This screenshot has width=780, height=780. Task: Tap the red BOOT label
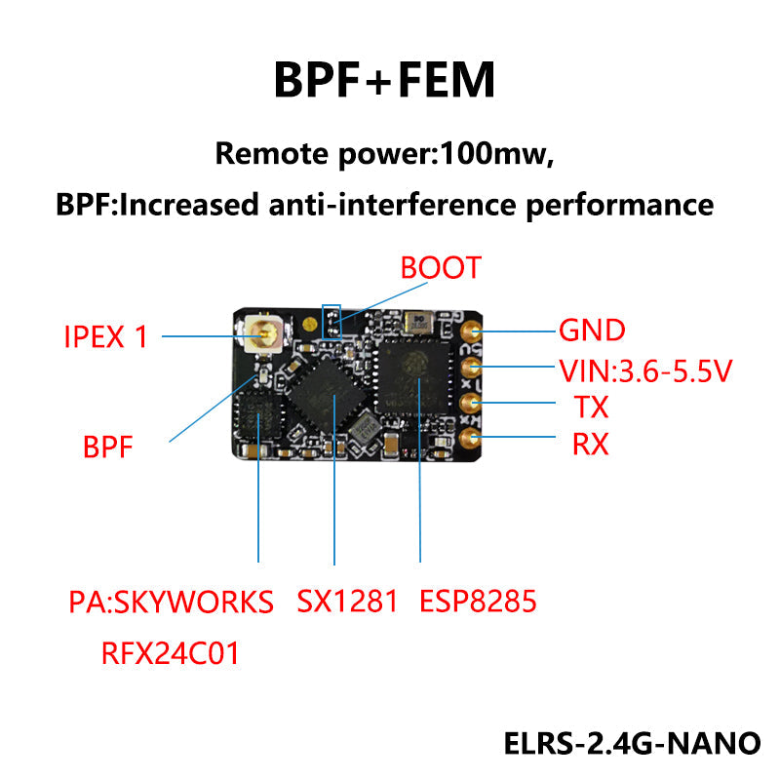point(441,268)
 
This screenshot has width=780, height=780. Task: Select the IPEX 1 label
point(105,336)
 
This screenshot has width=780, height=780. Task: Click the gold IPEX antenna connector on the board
point(261,335)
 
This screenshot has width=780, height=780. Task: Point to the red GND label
point(591,330)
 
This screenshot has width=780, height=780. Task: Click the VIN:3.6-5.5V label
point(644,370)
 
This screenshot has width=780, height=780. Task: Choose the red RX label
point(590,445)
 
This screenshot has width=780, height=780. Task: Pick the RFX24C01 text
point(171,652)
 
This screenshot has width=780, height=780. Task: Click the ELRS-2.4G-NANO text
point(632,743)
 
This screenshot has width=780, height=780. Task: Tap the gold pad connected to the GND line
point(470,331)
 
